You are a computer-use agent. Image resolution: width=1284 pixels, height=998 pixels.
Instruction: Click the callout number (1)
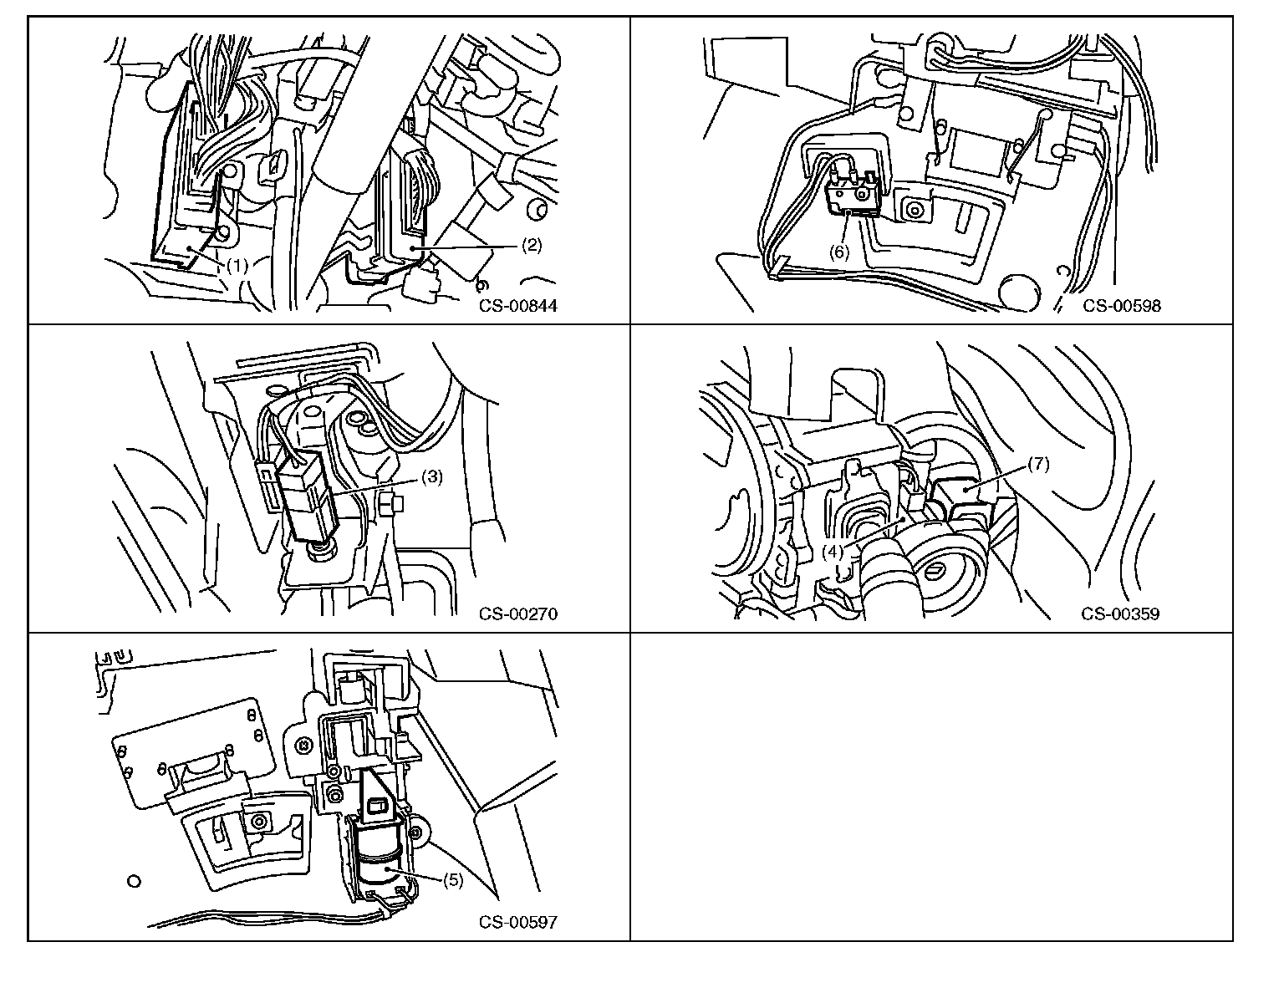point(237,266)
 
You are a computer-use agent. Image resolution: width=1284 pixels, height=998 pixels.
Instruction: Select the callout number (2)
point(532,245)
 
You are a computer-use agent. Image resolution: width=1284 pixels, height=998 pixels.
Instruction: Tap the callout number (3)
point(432,476)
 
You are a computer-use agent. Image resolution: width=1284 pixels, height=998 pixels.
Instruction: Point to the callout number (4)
point(833,552)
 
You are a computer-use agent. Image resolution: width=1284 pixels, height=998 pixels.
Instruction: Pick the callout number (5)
point(452,880)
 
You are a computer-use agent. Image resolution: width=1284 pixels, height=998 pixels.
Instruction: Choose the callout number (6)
point(839,252)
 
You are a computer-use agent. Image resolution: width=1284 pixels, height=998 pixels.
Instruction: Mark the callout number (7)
point(1039,464)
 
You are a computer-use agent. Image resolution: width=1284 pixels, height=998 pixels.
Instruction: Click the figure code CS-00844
point(518,306)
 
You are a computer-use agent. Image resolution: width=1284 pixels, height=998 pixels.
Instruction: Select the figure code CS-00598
point(1122,306)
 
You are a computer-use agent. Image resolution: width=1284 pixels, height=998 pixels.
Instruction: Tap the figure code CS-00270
point(518,614)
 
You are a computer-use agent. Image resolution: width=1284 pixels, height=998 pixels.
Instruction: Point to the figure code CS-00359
point(1120,614)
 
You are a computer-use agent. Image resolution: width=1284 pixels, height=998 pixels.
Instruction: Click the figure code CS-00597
point(518,923)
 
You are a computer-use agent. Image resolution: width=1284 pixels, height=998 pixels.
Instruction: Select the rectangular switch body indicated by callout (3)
point(308,498)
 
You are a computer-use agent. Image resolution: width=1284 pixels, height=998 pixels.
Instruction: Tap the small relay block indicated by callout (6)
point(851,198)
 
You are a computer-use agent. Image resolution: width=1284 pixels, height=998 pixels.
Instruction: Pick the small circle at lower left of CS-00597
point(134,882)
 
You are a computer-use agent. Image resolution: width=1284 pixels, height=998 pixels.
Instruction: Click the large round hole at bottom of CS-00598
point(1019,292)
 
